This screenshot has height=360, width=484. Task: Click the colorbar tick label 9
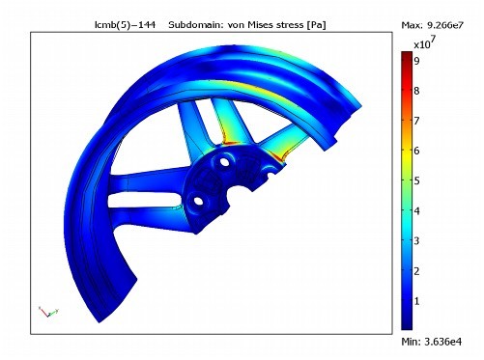click(x=416, y=61)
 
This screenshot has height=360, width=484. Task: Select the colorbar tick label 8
click(x=416, y=91)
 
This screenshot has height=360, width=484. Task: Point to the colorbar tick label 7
click(x=416, y=121)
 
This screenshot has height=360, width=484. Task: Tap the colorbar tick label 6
click(x=416, y=151)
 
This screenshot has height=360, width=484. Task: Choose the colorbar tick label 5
click(x=416, y=180)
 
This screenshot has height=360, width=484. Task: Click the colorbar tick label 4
click(x=416, y=211)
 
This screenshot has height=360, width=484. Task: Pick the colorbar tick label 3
click(x=416, y=240)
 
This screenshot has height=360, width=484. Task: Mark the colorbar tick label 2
click(x=416, y=271)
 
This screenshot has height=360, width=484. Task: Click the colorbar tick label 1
click(x=416, y=301)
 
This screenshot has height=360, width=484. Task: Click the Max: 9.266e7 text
click(x=432, y=25)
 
